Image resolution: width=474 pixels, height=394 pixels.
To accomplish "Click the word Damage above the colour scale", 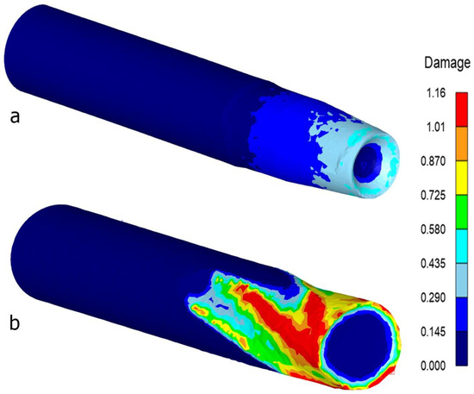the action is tap(447, 63).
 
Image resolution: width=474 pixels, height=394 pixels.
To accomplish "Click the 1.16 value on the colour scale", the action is tap(436, 93).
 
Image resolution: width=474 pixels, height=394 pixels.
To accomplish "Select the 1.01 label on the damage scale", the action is tap(436, 127).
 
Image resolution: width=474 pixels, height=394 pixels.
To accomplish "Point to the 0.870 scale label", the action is tap(433, 161).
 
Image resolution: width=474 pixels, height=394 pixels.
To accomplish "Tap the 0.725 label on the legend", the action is tap(433, 196).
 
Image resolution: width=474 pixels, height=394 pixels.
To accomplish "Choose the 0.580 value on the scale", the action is tap(433, 229).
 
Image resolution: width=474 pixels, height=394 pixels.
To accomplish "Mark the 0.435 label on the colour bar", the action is tap(433, 264).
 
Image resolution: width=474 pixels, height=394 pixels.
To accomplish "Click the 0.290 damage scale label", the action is tap(433, 297).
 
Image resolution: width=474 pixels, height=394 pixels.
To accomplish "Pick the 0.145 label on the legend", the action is tap(433, 332).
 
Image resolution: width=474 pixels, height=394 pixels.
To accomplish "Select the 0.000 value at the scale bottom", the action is tap(433, 366).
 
